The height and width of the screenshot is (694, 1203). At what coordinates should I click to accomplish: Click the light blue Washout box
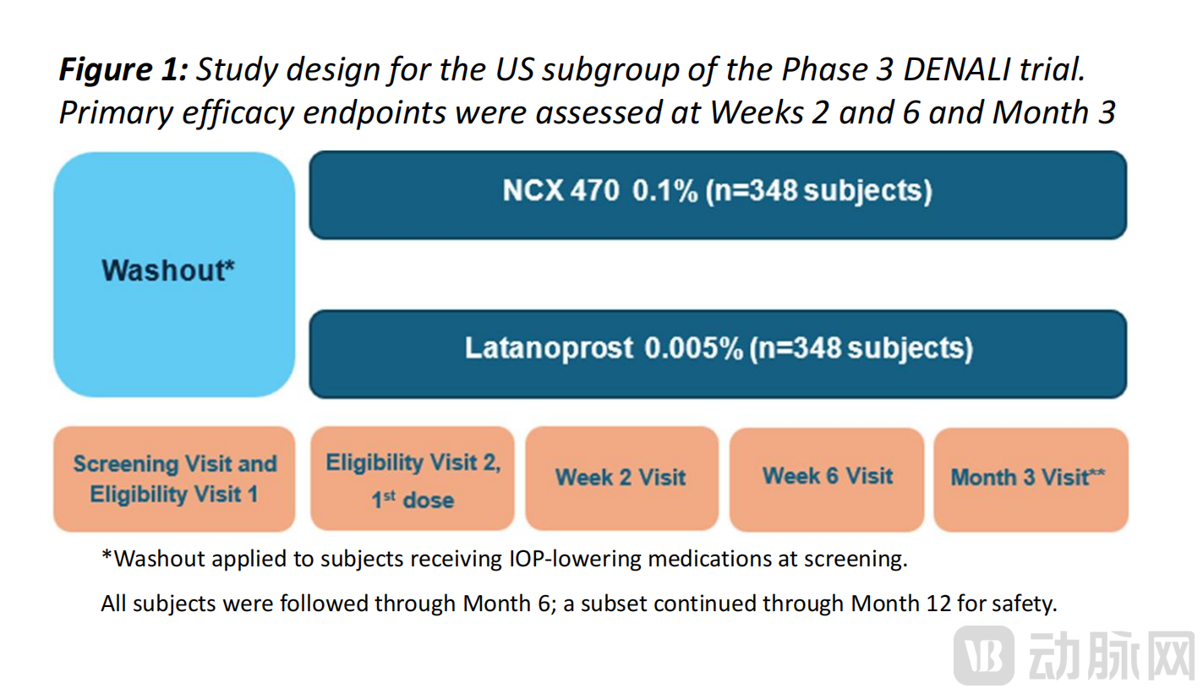pyautogui.click(x=174, y=274)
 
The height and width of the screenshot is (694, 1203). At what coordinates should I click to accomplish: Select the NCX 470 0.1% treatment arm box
pyautogui.click(x=718, y=194)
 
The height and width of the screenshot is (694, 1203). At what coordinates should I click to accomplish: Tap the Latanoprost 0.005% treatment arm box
pyautogui.click(x=718, y=352)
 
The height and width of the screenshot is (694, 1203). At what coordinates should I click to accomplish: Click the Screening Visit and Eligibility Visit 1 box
pyautogui.click(x=174, y=478)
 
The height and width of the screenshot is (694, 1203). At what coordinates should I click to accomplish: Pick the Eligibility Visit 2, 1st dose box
pyautogui.click(x=413, y=478)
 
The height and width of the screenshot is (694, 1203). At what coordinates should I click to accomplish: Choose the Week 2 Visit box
pyautogui.click(x=621, y=478)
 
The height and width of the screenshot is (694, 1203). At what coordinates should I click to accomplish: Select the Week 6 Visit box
pyautogui.click(x=828, y=478)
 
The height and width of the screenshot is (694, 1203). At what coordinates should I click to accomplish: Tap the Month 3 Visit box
pyautogui.click(x=1030, y=478)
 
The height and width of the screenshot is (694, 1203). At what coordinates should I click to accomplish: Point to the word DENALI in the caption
pyautogui.click(x=960, y=70)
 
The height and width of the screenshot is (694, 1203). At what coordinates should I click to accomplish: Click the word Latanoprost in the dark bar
pyautogui.click(x=549, y=349)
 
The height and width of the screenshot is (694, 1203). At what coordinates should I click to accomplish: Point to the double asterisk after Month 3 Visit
pyautogui.click(x=1097, y=473)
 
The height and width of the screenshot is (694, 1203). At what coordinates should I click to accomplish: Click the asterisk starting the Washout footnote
pyautogui.click(x=107, y=558)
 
